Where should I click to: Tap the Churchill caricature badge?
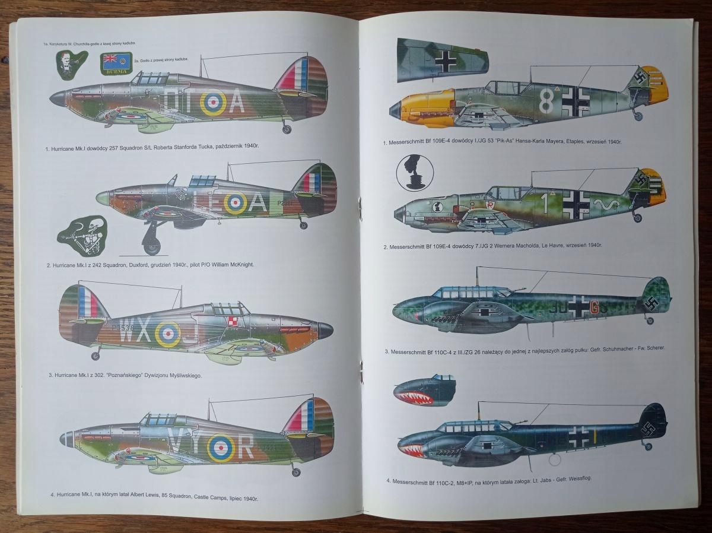pos(71,64)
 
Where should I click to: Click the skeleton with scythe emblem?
pos(84,235)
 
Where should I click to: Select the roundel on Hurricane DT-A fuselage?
pos(212,103)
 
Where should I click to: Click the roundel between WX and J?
pos(168,334)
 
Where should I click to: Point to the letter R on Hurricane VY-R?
pos(245,446)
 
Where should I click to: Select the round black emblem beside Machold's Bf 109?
pos(415,173)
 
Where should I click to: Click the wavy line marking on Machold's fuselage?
pos(609,205)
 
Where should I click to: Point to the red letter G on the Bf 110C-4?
pos(596,307)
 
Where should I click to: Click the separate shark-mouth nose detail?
pos(425,390)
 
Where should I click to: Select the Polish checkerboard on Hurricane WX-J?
pos(233,321)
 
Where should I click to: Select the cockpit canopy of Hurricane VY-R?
pos(158,419)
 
